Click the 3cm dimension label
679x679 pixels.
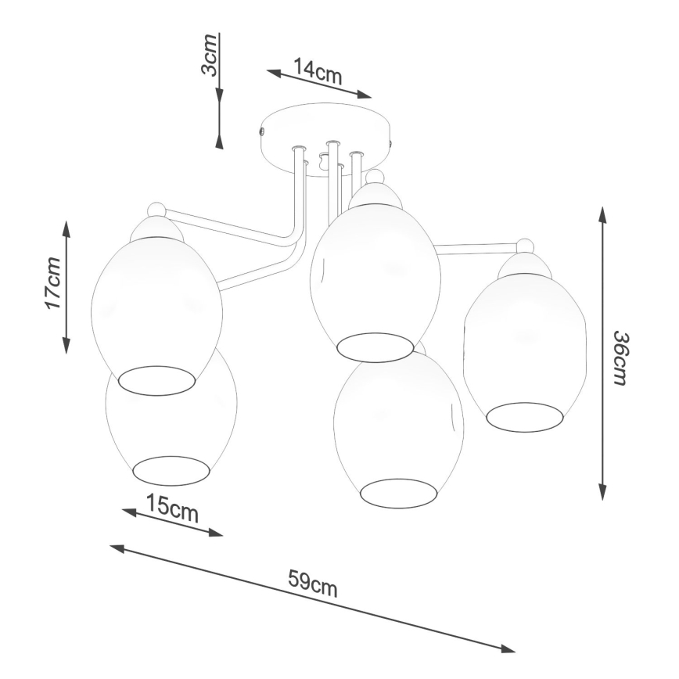point(209,55)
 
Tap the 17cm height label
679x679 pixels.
point(53,283)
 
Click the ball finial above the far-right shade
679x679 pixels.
point(525,246)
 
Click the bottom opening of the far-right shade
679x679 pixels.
point(524,416)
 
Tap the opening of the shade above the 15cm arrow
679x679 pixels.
point(171,469)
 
